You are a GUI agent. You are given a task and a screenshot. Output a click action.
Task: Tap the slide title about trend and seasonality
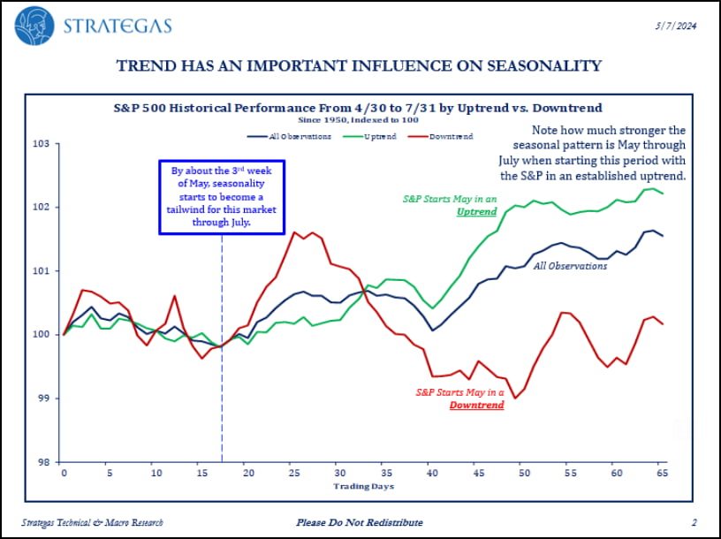pos(360,65)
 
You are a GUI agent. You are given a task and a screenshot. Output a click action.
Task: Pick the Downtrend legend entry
pos(451,136)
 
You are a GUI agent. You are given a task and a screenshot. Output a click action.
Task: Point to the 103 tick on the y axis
pos(42,143)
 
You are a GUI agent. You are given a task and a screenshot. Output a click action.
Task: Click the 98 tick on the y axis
pos(42,461)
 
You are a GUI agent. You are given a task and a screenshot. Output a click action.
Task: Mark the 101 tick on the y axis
pos(42,270)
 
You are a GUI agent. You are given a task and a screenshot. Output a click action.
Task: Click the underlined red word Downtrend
pos(476,405)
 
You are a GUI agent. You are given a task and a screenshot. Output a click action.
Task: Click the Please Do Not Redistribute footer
pos(360,522)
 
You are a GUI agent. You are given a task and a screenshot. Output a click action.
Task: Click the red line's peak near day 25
pos(293,232)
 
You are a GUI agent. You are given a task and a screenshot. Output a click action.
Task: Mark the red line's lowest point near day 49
pos(514,399)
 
